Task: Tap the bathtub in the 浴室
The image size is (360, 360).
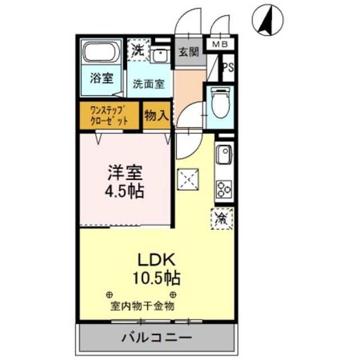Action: click(102, 55)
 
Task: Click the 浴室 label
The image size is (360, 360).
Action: click(101, 78)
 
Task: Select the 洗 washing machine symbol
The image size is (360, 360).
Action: click(138, 49)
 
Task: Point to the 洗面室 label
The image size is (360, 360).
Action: click(148, 84)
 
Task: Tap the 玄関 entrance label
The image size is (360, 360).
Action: click(188, 53)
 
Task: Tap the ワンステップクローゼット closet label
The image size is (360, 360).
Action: click(109, 115)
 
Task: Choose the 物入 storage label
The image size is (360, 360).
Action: click(156, 116)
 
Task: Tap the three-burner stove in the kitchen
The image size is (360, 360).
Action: click(224, 189)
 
